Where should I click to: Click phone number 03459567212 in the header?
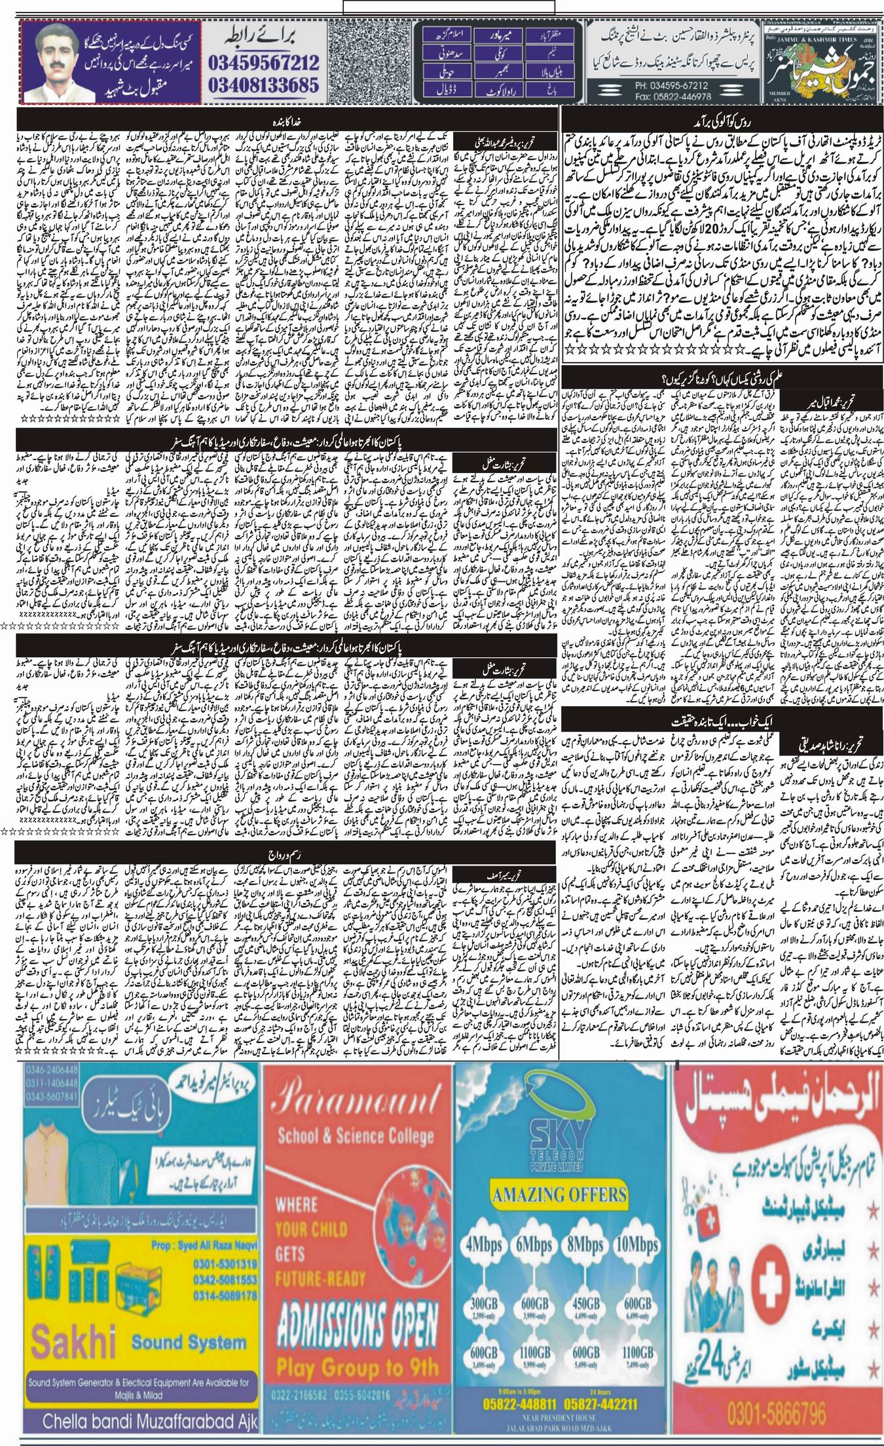(264, 63)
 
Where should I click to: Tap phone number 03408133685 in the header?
(264, 85)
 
